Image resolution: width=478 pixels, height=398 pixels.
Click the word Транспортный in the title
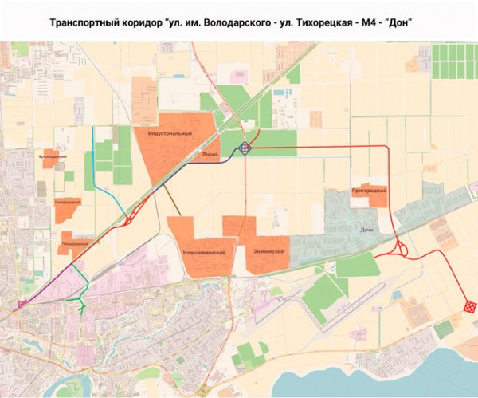point(82,21)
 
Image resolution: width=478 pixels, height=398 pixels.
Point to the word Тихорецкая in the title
point(311,21)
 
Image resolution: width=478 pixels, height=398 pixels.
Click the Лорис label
point(211,147)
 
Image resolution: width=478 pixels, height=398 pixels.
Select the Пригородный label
point(369,191)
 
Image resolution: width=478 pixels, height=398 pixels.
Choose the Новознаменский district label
point(204,252)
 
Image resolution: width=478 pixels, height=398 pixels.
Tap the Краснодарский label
point(53,156)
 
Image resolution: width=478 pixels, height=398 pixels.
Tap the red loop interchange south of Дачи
point(398,250)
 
